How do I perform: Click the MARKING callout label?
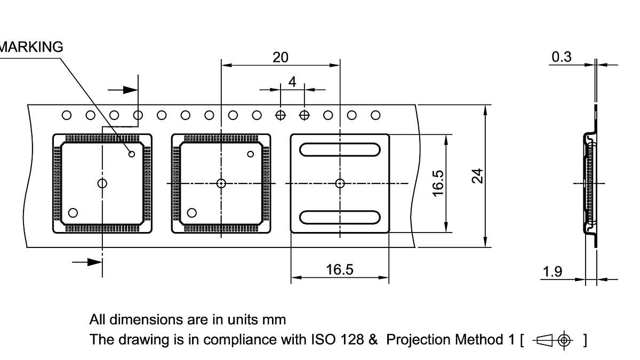(x=31, y=47)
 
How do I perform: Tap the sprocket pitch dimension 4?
(x=292, y=82)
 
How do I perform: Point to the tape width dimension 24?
(x=478, y=175)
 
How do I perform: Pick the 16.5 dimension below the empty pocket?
(x=340, y=269)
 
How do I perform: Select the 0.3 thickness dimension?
(x=562, y=57)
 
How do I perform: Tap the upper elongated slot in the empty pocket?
(x=340, y=150)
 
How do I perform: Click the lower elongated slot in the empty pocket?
(x=340, y=217)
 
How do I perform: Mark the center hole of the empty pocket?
(x=340, y=183)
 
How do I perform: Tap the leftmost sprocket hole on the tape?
(x=67, y=115)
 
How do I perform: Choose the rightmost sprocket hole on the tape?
(x=375, y=115)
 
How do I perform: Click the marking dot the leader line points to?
(x=132, y=154)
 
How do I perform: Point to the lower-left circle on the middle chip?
(x=192, y=213)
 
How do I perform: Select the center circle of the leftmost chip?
(x=102, y=183)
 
